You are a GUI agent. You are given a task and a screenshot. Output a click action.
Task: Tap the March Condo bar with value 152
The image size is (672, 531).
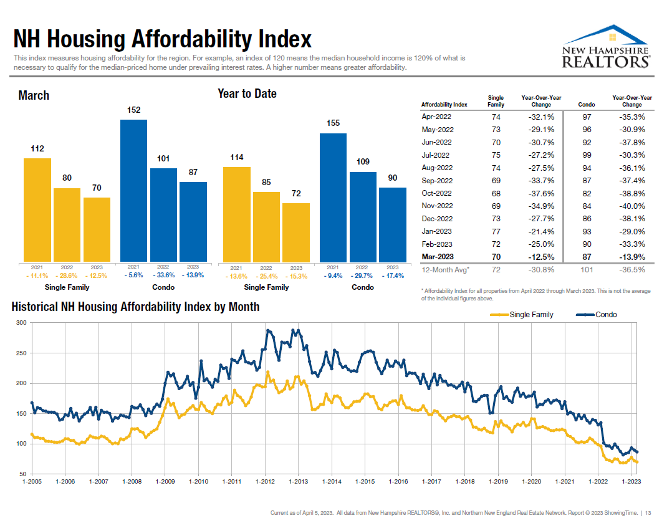(133, 190)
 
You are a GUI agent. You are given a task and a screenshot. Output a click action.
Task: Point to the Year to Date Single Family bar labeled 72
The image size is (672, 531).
(296, 232)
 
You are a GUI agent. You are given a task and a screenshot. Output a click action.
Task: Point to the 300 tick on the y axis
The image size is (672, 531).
(22, 323)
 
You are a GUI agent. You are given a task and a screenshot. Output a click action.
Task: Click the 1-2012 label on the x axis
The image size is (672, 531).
(266, 481)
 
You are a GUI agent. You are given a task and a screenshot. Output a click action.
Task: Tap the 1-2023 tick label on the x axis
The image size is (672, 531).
(631, 481)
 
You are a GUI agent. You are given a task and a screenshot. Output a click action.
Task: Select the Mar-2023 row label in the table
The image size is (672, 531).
(437, 257)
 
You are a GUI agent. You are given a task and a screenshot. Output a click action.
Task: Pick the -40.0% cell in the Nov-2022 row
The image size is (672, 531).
(632, 206)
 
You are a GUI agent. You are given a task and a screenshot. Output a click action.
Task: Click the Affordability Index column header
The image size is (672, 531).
(444, 105)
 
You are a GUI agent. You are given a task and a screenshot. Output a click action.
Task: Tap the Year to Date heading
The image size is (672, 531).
(247, 93)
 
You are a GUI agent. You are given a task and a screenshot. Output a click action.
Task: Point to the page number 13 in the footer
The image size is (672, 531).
(648, 513)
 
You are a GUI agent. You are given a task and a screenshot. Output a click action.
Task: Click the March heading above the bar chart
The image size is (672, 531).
(34, 95)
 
